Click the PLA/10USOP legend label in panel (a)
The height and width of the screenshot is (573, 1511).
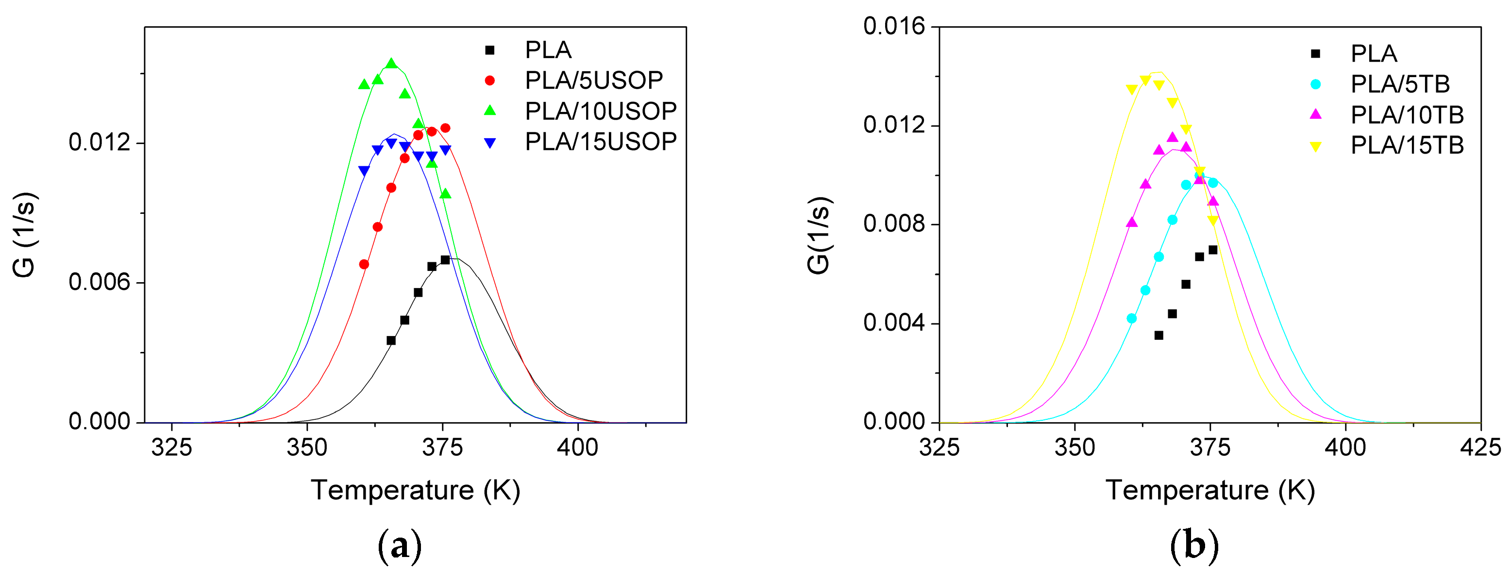pyautogui.click(x=600, y=111)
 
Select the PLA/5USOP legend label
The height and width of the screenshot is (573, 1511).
pyautogui.click(x=594, y=80)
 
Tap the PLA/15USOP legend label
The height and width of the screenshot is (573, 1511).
pyautogui.click(x=600, y=141)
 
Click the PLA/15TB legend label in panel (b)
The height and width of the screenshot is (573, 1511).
pyautogui.click(x=1407, y=145)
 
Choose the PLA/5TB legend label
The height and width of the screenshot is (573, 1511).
pyautogui.click(x=1399, y=84)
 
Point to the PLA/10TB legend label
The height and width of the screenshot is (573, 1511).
pyautogui.click(x=1407, y=115)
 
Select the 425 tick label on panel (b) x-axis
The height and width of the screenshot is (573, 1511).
pyautogui.click(x=1480, y=447)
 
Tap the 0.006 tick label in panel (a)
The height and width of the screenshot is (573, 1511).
pyautogui.click(x=99, y=283)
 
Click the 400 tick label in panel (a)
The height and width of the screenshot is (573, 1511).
pyautogui.click(x=577, y=447)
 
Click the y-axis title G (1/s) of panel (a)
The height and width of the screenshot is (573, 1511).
pyautogui.click(x=25, y=234)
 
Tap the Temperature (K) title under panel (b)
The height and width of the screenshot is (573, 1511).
pyautogui.click(x=1210, y=490)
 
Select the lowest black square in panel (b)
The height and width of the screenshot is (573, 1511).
pyautogui.click(x=1158, y=335)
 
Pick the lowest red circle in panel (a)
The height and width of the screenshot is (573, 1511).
pyautogui.click(x=364, y=264)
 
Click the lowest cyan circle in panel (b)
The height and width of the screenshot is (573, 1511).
pyautogui.click(x=1131, y=318)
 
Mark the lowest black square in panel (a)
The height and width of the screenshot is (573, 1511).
pyautogui.click(x=391, y=340)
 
